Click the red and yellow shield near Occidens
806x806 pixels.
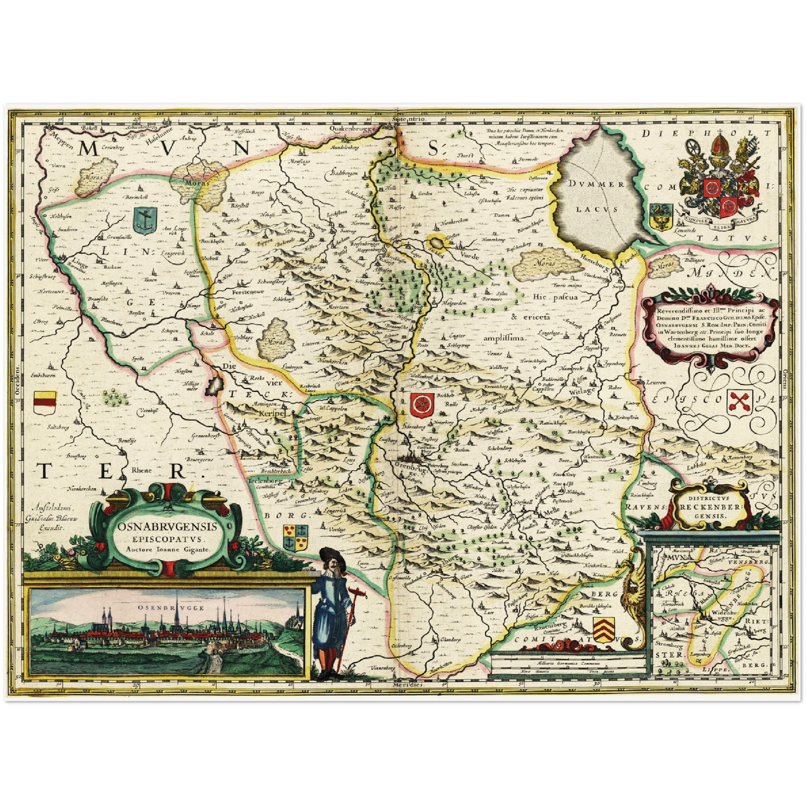tap(45, 402)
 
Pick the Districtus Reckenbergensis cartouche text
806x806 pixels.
tap(707, 506)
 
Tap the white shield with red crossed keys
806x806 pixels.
tap(741, 402)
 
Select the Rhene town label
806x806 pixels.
tap(141, 470)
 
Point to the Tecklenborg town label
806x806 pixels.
tap(266, 480)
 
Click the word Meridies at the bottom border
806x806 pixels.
tap(408, 683)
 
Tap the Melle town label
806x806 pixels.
tap(551, 511)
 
